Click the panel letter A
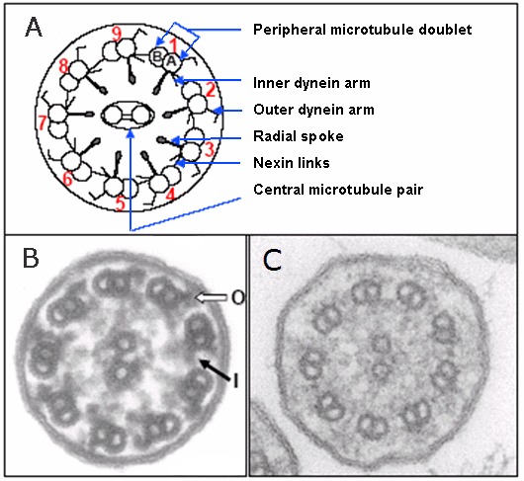[34, 27]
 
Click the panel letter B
[31, 258]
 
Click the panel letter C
[272, 260]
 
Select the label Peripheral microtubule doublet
[362, 30]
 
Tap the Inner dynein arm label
[311, 83]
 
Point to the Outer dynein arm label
[313, 110]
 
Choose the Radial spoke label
[299, 136]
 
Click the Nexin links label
[292, 163]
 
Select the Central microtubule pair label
[338, 190]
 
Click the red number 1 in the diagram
[173, 45]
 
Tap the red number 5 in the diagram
[121, 202]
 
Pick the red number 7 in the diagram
[43, 122]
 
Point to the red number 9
[117, 34]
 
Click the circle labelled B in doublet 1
[157, 56]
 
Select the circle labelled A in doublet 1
[172, 61]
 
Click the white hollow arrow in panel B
[212, 297]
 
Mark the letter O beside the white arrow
[237, 297]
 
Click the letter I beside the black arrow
[235, 381]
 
